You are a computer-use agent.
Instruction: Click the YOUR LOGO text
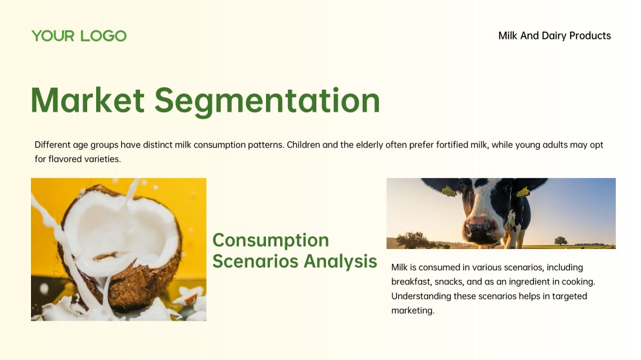click(79, 36)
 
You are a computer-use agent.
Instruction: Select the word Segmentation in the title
click(267, 101)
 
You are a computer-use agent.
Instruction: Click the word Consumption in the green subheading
click(270, 240)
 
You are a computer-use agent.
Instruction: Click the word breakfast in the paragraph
click(411, 282)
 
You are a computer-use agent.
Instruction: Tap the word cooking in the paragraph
click(577, 282)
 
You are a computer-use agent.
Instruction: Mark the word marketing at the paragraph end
click(412, 310)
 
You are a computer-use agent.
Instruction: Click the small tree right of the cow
click(560, 240)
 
